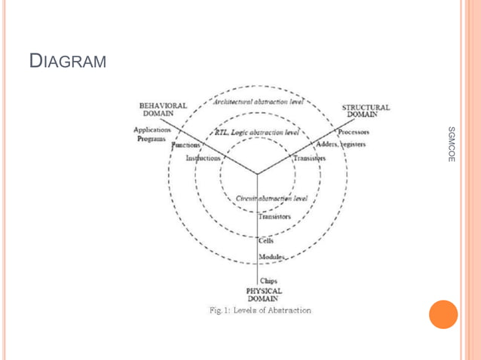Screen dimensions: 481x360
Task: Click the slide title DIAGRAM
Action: (68, 60)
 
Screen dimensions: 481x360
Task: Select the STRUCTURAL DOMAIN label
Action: (366, 110)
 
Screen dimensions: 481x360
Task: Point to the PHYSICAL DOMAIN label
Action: (264, 293)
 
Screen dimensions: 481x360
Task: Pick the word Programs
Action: (152, 139)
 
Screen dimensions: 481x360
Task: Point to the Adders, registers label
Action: (341, 144)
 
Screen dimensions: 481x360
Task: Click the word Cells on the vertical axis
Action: (266, 241)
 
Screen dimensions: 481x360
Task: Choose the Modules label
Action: (272, 257)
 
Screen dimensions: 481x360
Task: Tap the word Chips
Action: (268, 281)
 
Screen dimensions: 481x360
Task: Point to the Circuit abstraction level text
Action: (271, 200)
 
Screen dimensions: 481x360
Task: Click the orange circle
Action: (443, 314)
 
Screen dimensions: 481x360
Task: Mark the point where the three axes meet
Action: (257, 175)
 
